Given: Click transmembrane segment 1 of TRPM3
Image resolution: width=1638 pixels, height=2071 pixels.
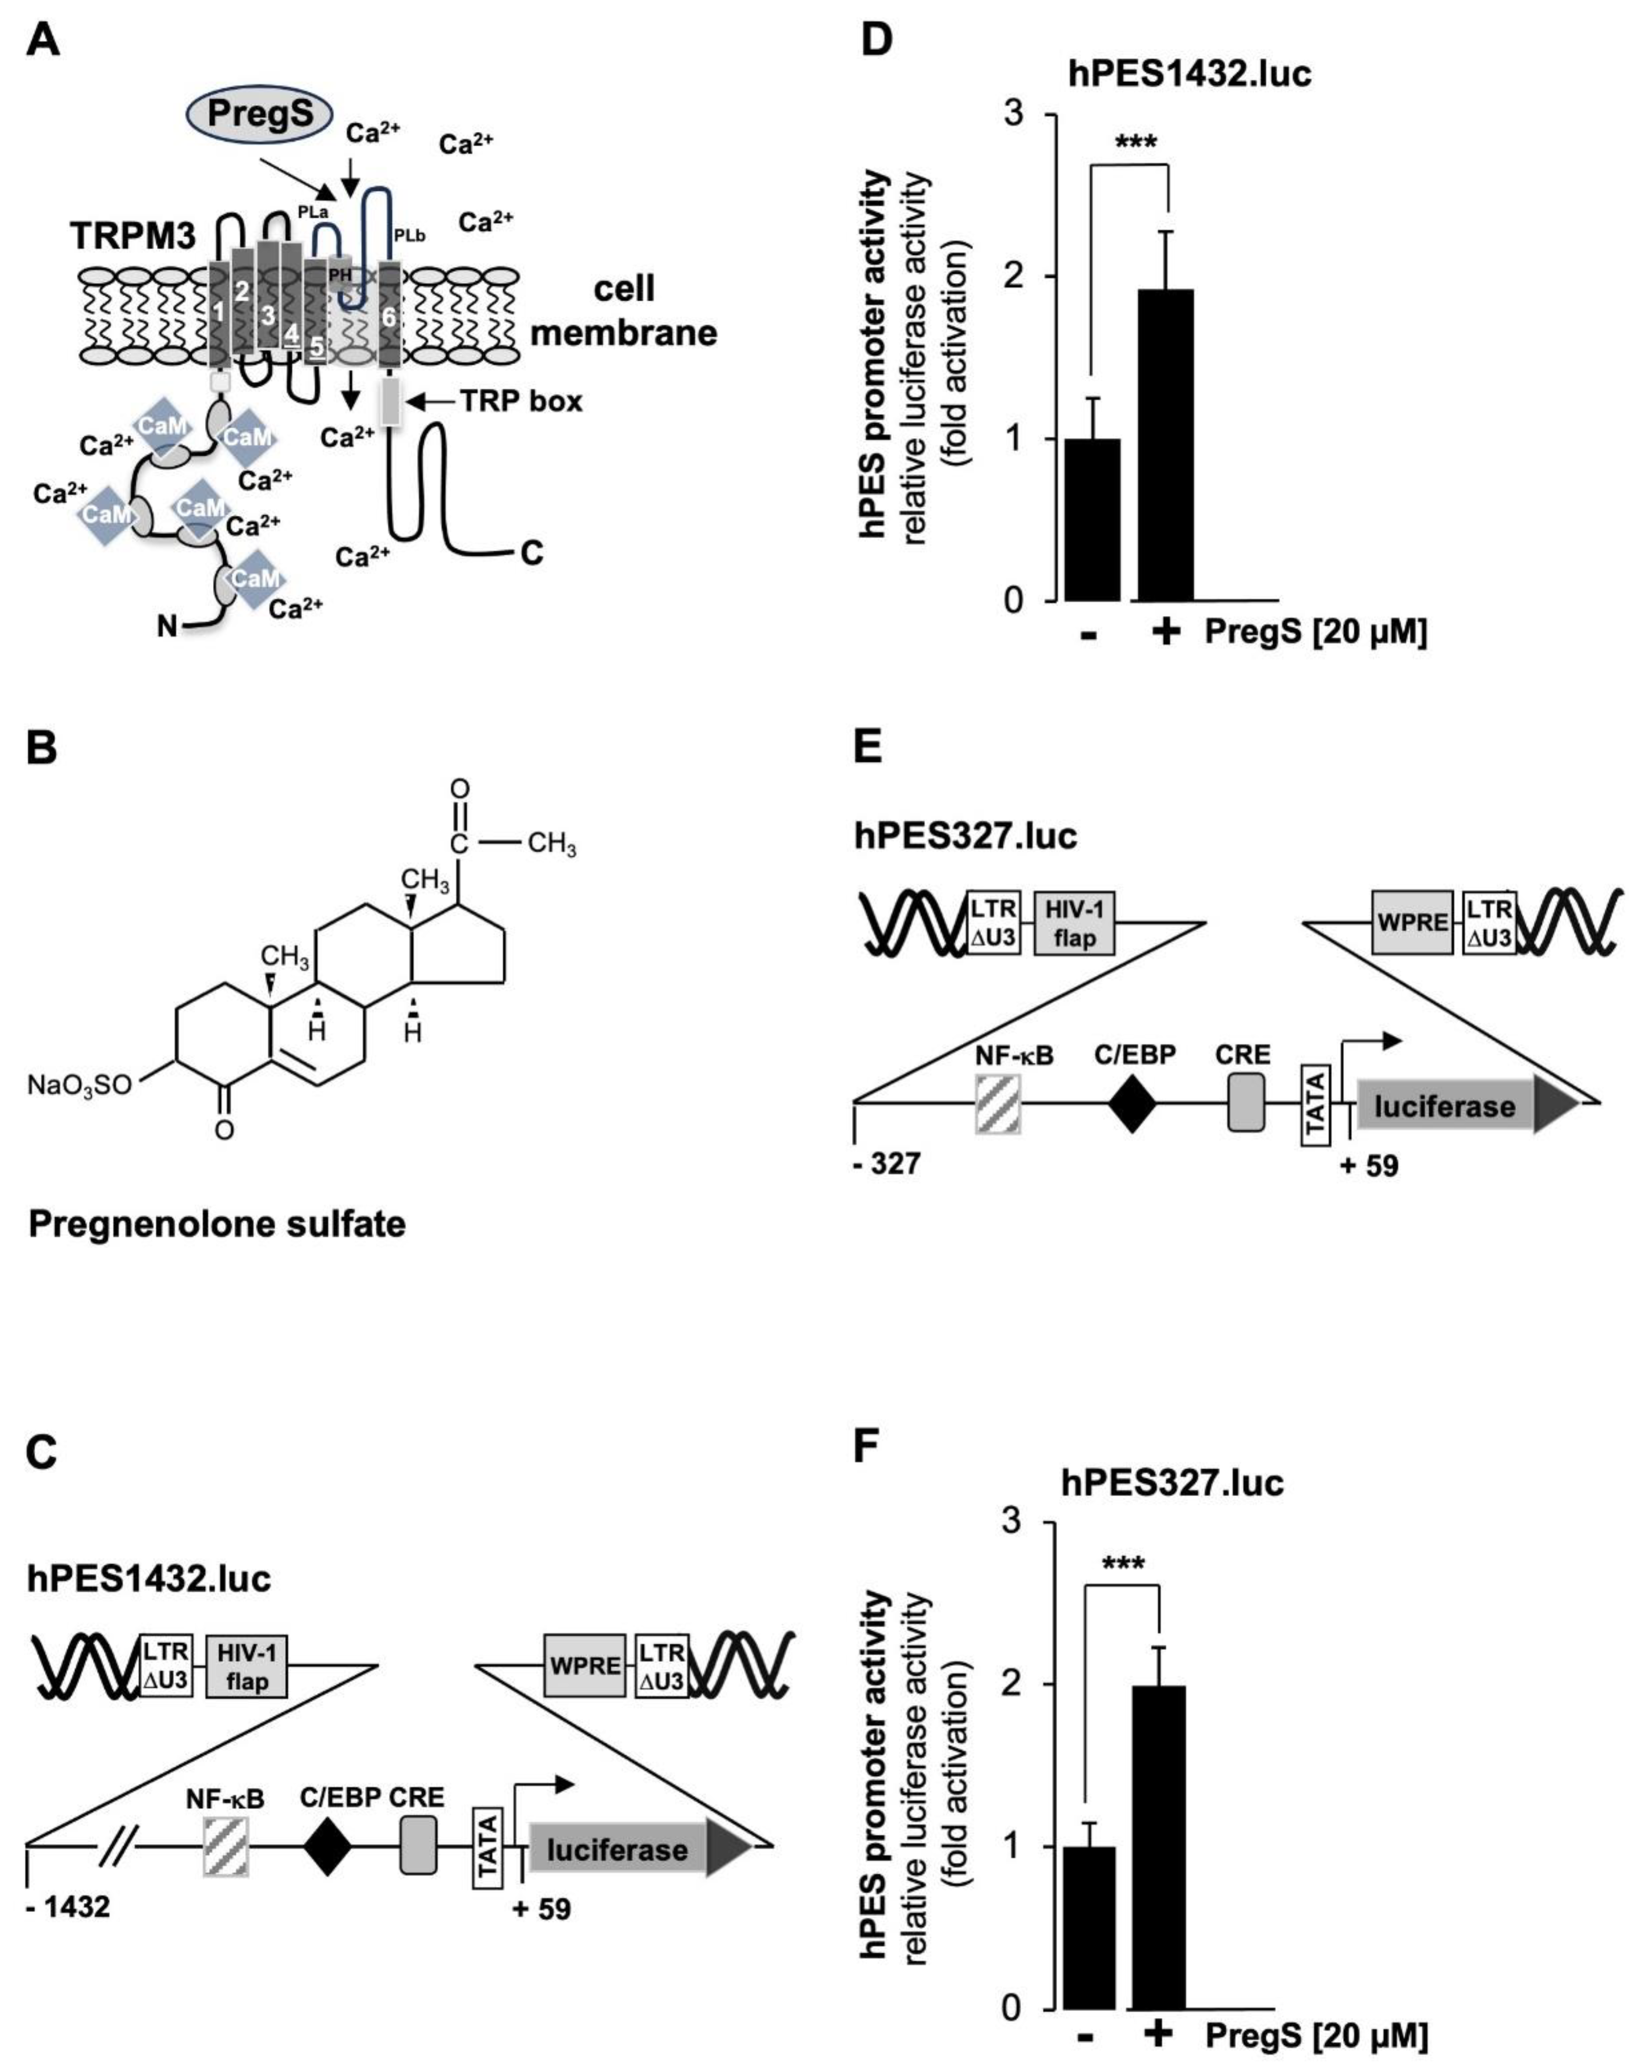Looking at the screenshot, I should tap(220, 312).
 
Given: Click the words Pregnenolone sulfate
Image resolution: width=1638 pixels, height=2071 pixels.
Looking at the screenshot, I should tap(217, 1224).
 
